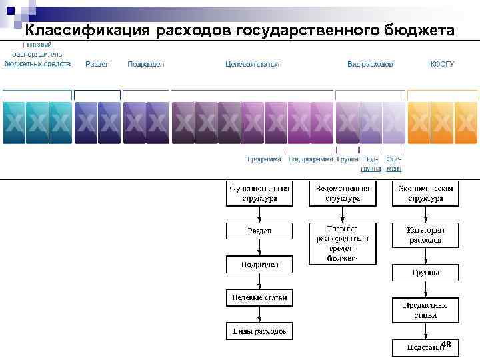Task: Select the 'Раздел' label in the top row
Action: click(x=97, y=64)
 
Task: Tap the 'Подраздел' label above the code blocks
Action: click(x=145, y=64)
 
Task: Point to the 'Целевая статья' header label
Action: click(x=252, y=64)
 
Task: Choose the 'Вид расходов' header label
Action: click(x=370, y=64)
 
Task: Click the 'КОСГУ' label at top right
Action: click(x=443, y=64)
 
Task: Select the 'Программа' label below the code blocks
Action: click(x=264, y=159)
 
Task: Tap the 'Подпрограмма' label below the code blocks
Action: click(x=310, y=159)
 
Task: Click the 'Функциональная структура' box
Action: click(x=259, y=193)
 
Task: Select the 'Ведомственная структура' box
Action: click(x=343, y=193)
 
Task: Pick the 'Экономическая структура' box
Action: click(x=425, y=193)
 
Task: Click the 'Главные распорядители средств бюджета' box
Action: click(x=343, y=243)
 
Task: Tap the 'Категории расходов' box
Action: click(x=425, y=234)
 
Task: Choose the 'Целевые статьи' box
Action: click(x=259, y=297)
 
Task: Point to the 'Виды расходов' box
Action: click(x=259, y=331)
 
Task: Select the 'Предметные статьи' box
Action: click(x=425, y=310)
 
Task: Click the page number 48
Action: click(x=446, y=344)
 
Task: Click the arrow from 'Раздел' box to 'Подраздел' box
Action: click(x=259, y=248)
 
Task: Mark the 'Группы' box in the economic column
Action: click(x=425, y=273)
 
